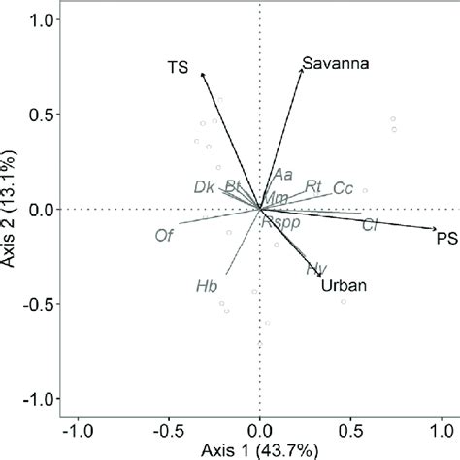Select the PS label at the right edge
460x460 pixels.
tap(446, 238)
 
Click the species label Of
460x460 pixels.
tap(164, 234)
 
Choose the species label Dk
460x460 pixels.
tap(203, 186)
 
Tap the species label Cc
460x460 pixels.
tap(343, 187)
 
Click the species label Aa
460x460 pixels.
tap(282, 175)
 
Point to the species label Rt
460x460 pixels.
tap(312, 185)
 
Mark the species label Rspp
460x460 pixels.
tap(281, 221)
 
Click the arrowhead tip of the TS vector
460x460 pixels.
tap(201, 72)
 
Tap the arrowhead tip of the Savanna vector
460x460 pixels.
tap(303, 68)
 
